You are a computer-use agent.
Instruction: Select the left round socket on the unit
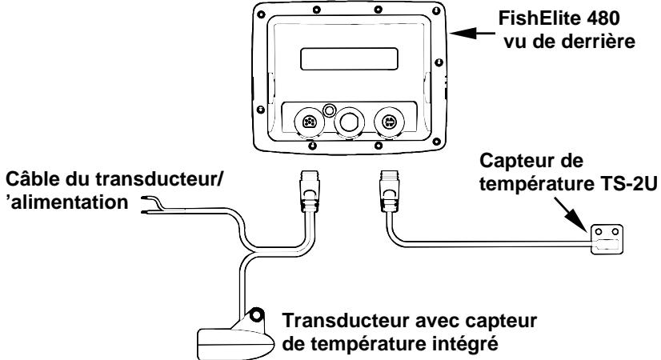[x=310, y=122]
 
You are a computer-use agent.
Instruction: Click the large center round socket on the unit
[x=348, y=122]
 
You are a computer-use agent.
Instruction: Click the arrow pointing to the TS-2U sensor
[x=579, y=217]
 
